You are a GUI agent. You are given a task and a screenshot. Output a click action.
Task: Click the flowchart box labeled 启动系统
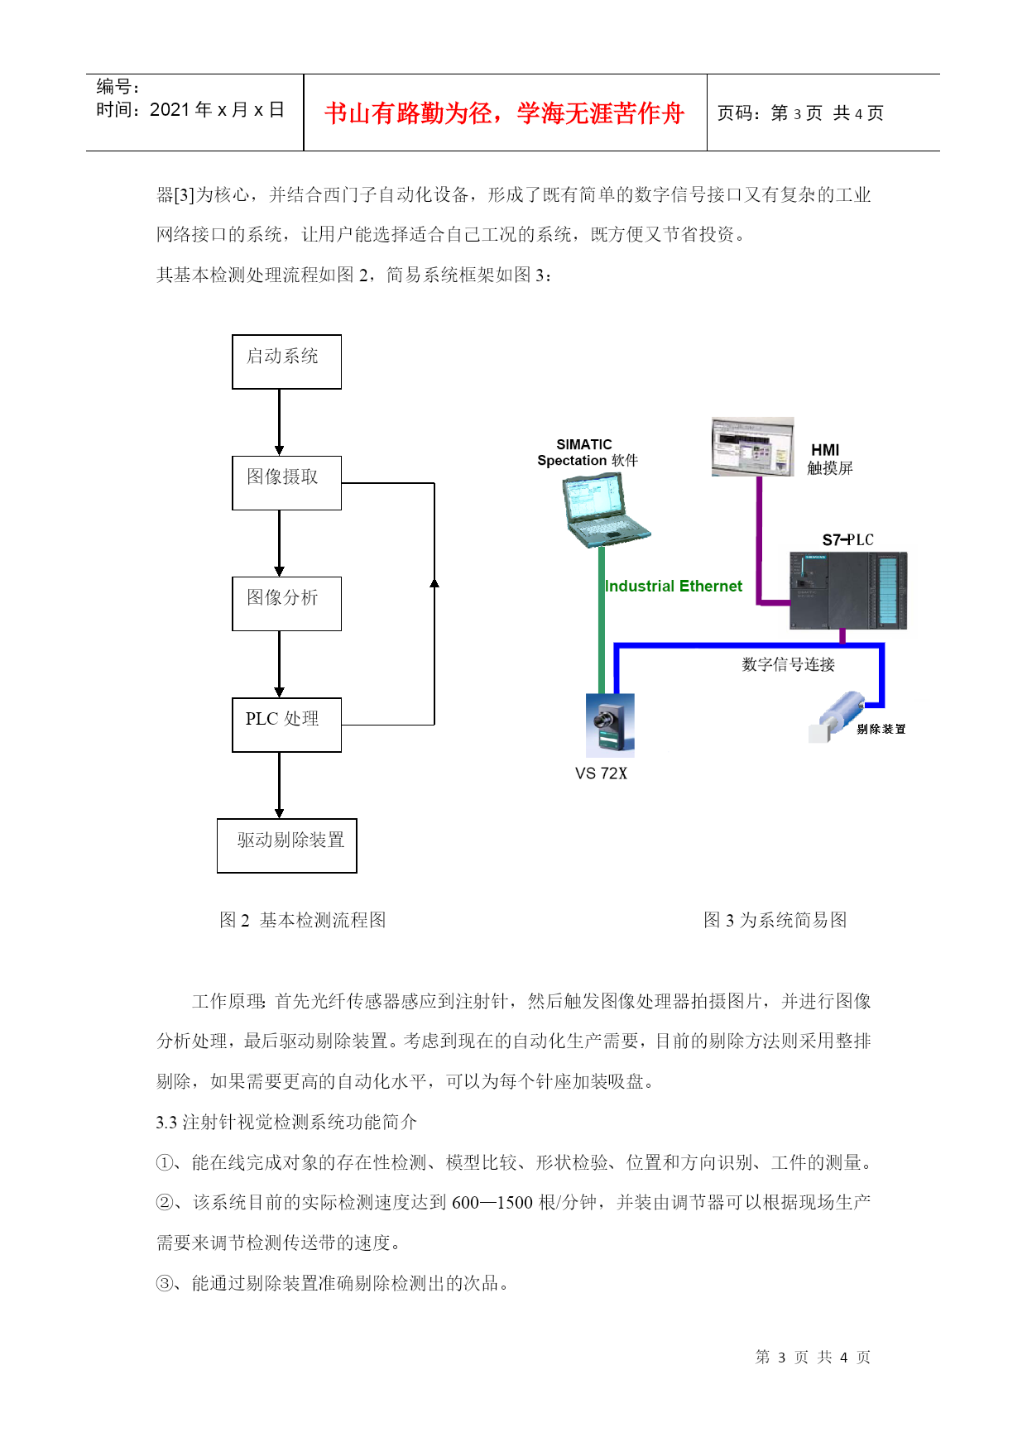286,362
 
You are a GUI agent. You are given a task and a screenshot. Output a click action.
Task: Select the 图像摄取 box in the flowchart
286,483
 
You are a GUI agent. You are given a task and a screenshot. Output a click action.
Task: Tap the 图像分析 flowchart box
286,604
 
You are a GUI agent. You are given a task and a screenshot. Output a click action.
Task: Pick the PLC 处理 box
286,725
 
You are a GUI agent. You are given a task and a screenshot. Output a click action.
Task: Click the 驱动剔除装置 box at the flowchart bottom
286,845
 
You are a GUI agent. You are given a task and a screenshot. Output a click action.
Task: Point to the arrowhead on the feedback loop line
434,582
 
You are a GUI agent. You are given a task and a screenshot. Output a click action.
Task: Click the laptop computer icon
605,510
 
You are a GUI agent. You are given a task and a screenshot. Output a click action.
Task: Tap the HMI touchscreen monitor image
752,447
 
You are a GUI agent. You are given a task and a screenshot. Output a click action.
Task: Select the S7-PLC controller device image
848,590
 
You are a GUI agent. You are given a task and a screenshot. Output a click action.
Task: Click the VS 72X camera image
610,725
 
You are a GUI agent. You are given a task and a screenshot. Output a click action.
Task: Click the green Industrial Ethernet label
674,586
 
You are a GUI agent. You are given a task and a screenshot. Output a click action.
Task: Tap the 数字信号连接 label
789,664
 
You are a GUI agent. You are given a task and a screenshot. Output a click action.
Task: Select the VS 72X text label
601,773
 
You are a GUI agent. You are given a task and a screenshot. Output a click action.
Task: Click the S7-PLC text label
847,540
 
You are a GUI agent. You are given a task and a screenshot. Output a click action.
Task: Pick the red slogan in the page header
504,113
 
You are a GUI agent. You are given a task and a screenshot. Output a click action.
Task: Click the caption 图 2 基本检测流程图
303,920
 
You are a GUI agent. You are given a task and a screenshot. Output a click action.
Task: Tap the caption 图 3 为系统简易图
775,920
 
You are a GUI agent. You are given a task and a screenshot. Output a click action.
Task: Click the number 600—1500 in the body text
492,1202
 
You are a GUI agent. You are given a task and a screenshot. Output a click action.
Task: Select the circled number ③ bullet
165,1283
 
